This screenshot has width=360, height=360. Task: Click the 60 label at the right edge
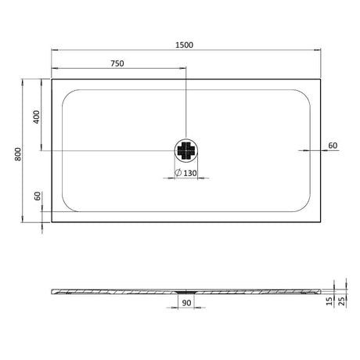(333, 146)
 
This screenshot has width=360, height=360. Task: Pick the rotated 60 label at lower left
(36, 197)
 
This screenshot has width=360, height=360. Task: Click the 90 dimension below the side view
(187, 302)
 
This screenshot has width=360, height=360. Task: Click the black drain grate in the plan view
(187, 150)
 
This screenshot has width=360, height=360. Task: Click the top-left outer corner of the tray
(52, 77)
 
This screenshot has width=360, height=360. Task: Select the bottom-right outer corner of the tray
(322, 223)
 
